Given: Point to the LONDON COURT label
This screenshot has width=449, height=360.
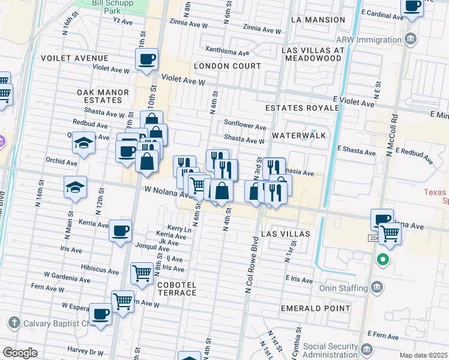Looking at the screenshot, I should point(228,66).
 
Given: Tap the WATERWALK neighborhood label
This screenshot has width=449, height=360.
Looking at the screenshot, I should point(299,136).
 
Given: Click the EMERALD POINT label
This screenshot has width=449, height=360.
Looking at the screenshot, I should point(315,308).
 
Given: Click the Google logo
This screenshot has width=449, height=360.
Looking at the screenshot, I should point(20,353).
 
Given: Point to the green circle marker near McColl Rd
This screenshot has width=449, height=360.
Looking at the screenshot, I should point(382,260).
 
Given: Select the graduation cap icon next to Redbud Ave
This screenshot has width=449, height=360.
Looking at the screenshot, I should point(83,142).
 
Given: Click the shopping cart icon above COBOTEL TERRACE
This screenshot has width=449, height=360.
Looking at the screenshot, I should point(142,272).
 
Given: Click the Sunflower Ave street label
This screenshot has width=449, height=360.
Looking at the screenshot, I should point(245,127).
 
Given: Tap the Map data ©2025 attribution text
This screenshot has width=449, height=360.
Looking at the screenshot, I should point(423,355).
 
